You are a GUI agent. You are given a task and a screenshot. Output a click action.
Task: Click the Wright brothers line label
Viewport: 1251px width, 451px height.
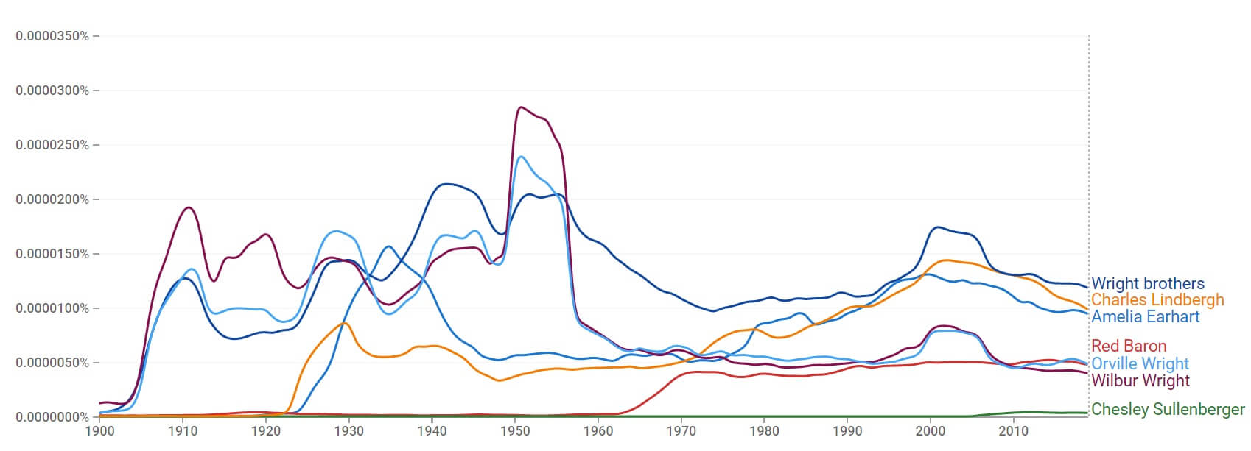coord(1147,283)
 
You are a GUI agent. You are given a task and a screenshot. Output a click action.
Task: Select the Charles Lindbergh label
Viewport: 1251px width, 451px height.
coord(1157,300)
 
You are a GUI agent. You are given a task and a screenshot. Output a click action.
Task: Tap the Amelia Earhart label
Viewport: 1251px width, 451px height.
coord(1145,316)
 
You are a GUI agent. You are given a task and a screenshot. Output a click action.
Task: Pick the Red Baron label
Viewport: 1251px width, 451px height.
coord(1128,346)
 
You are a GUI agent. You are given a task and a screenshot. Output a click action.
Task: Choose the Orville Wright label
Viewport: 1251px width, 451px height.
coord(1140,363)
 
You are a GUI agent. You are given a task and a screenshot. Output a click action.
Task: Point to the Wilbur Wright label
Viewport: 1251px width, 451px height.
coord(1140,380)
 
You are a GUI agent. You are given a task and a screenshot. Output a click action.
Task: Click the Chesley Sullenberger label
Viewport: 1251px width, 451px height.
coord(1167,409)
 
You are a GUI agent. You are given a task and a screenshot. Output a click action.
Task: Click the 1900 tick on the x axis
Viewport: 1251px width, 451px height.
coord(99,431)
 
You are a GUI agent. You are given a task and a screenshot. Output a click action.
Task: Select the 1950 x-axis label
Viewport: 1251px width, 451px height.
coord(515,431)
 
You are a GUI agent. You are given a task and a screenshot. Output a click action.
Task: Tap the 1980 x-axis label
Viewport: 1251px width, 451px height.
coord(764,431)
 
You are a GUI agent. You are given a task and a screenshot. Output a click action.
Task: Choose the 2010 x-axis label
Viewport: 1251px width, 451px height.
coord(1013,431)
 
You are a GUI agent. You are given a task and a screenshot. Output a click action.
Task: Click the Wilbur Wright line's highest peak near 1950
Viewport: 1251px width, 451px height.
coord(522,107)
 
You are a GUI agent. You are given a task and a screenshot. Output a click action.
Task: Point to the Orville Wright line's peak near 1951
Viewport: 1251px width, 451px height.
coord(522,157)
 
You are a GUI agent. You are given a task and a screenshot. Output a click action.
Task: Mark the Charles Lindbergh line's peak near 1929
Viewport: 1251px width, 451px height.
coord(344,323)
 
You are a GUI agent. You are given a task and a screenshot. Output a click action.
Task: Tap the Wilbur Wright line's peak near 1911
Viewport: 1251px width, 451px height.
coord(189,207)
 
